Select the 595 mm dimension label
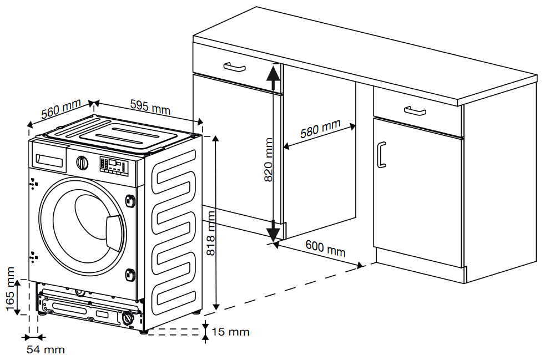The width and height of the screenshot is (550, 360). coord(149,107)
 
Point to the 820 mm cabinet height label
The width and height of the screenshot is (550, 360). coord(268,160)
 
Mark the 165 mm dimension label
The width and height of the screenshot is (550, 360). coord(9,288)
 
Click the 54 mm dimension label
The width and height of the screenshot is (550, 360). coord(46,349)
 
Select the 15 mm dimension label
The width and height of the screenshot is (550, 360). coord(230,332)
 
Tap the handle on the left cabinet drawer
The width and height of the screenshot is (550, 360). coord(234,67)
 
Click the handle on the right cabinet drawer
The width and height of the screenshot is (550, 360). coord(415,110)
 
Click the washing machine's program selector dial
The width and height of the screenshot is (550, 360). coord(82,163)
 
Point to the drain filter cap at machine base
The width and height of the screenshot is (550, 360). coord(128,318)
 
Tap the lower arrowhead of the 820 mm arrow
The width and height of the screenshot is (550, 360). coord(273,234)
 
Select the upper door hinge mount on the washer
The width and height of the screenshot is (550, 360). coord(131,200)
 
